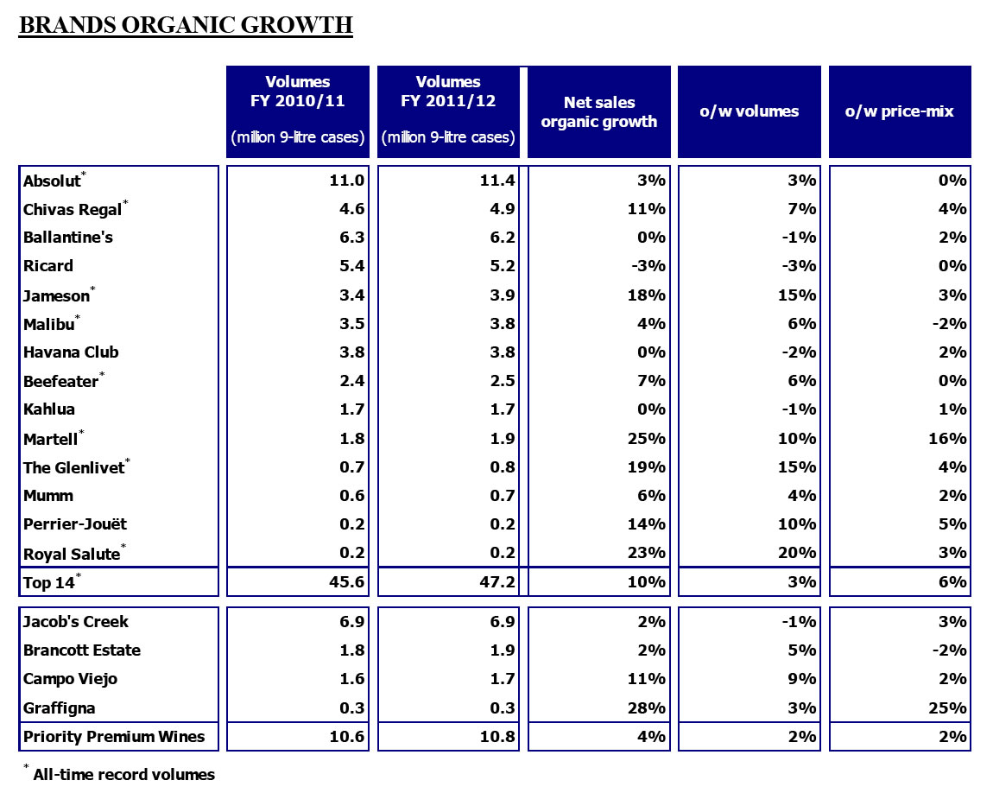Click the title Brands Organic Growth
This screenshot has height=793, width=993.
point(186,25)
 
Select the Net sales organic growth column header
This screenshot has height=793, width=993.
point(599,112)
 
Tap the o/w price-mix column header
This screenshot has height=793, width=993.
point(899,111)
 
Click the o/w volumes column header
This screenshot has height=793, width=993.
point(749,111)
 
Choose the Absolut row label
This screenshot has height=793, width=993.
point(51,181)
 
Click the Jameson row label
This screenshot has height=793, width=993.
point(56,295)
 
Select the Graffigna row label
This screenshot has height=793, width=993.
point(60,708)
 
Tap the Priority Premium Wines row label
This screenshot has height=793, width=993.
point(114,737)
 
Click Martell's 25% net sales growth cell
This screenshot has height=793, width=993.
point(648,439)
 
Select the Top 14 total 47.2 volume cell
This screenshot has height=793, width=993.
point(497,582)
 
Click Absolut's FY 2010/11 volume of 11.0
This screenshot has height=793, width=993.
point(348,181)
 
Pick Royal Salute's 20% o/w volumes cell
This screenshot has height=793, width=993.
point(799,553)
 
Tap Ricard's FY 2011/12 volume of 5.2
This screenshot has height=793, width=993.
point(502,266)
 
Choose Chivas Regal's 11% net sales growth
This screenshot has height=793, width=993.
point(648,209)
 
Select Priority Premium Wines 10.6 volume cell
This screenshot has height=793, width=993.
point(347,737)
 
